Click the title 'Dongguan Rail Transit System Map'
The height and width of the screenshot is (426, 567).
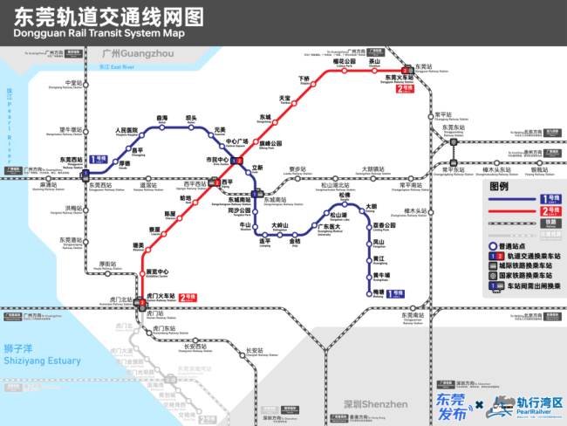[x=100, y=32]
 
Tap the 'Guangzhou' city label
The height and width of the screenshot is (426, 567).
[x=133, y=54]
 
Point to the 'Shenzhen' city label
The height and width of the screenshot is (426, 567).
[x=376, y=404]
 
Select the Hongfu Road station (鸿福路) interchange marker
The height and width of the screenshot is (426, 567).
[x=236, y=161]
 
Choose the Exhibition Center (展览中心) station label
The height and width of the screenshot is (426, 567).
[x=156, y=271]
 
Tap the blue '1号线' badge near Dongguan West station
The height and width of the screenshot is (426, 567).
[x=99, y=160]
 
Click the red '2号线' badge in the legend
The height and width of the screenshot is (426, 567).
[x=550, y=210]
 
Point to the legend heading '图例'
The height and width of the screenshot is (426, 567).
[x=499, y=187]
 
